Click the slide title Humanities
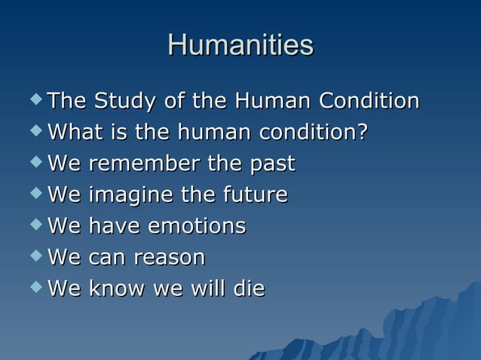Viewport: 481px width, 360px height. pos(240,44)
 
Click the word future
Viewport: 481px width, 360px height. pos(253,195)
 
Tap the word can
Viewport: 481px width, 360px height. pos(107,258)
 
